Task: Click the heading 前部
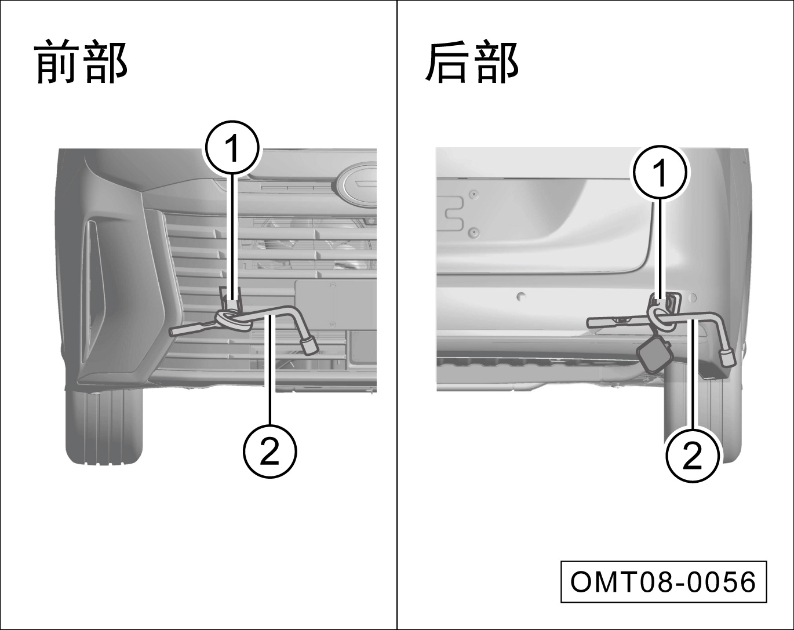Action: [81, 62]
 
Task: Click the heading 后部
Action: [472, 62]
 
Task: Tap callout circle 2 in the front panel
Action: [269, 451]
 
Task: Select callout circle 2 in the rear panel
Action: [692, 456]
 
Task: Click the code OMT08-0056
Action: [664, 582]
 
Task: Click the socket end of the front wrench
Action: [309, 346]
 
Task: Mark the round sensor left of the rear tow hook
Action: [521, 296]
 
